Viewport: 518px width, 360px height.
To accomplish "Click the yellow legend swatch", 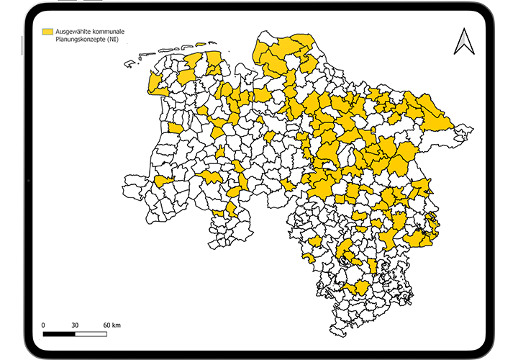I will coord(49,32).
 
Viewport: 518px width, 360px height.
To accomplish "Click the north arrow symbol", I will coord(464,41).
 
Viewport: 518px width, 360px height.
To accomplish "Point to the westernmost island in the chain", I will coord(129,64).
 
